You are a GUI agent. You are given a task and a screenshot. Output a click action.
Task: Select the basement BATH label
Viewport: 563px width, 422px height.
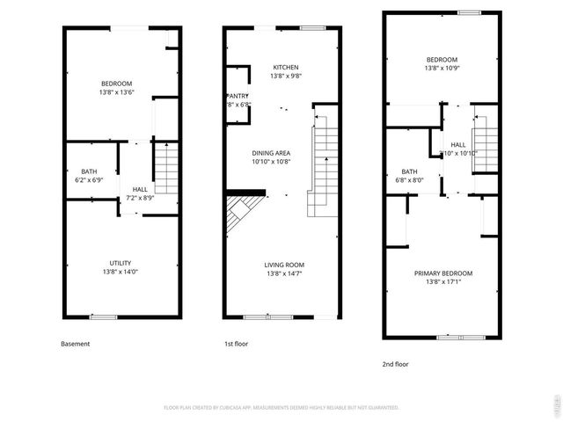pyautogui.click(x=89, y=171)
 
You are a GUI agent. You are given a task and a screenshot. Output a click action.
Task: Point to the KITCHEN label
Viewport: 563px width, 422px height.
pyautogui.click(x=286, y=68)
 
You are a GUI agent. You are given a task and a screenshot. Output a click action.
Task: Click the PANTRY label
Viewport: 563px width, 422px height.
pyautogui.click(x=238, y=96)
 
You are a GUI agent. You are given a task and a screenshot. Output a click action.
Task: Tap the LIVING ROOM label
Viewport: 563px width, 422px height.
pyautogui.click(x=284, y=265)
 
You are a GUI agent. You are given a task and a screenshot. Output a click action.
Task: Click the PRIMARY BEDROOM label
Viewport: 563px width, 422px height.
pyautogui.click(x=443, y=273)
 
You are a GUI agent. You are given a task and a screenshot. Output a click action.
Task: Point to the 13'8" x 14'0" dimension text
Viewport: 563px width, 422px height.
pyautogui.click(x=121, y=272)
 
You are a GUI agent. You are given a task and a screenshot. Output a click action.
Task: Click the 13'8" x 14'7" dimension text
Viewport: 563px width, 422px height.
pyautogui.click(x=284, y=273)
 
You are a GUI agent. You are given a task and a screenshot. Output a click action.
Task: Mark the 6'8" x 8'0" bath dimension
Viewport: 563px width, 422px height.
pyautogui.click(x=410, y=180)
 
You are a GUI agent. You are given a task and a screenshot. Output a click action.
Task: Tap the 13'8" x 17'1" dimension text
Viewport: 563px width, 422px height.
pyautogui.click(x=443, y=281)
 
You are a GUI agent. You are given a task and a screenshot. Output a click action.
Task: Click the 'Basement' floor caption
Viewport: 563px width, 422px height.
pyautogui.click(x=75, y=344)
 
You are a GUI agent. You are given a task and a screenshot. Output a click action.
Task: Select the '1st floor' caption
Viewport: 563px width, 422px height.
pyautogui.click(x=236, y=344)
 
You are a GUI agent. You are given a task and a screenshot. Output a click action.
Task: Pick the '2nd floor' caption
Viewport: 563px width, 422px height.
pyautogui.click(x=395, y=363)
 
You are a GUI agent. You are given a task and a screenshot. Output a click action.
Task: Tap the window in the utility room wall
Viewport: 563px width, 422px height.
pyautogui.click(x=103, y=316)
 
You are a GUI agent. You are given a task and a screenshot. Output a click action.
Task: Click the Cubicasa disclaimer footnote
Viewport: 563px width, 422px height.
pyautogui.click(x=281, y=407)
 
